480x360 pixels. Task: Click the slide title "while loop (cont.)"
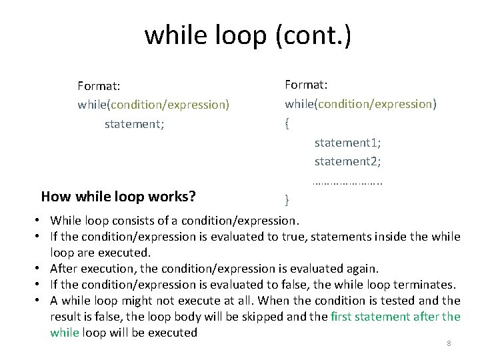(247, 35)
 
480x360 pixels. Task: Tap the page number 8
(449, 343)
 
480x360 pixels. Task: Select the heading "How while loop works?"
(118, 197)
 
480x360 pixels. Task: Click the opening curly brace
(287, 124)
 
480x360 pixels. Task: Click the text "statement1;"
(347, 143)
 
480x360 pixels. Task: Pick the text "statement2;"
(347, 161)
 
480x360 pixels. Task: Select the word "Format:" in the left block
(99, 85)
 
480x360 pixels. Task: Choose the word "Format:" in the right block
(306, 85)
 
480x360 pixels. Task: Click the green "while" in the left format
(91, 105)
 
